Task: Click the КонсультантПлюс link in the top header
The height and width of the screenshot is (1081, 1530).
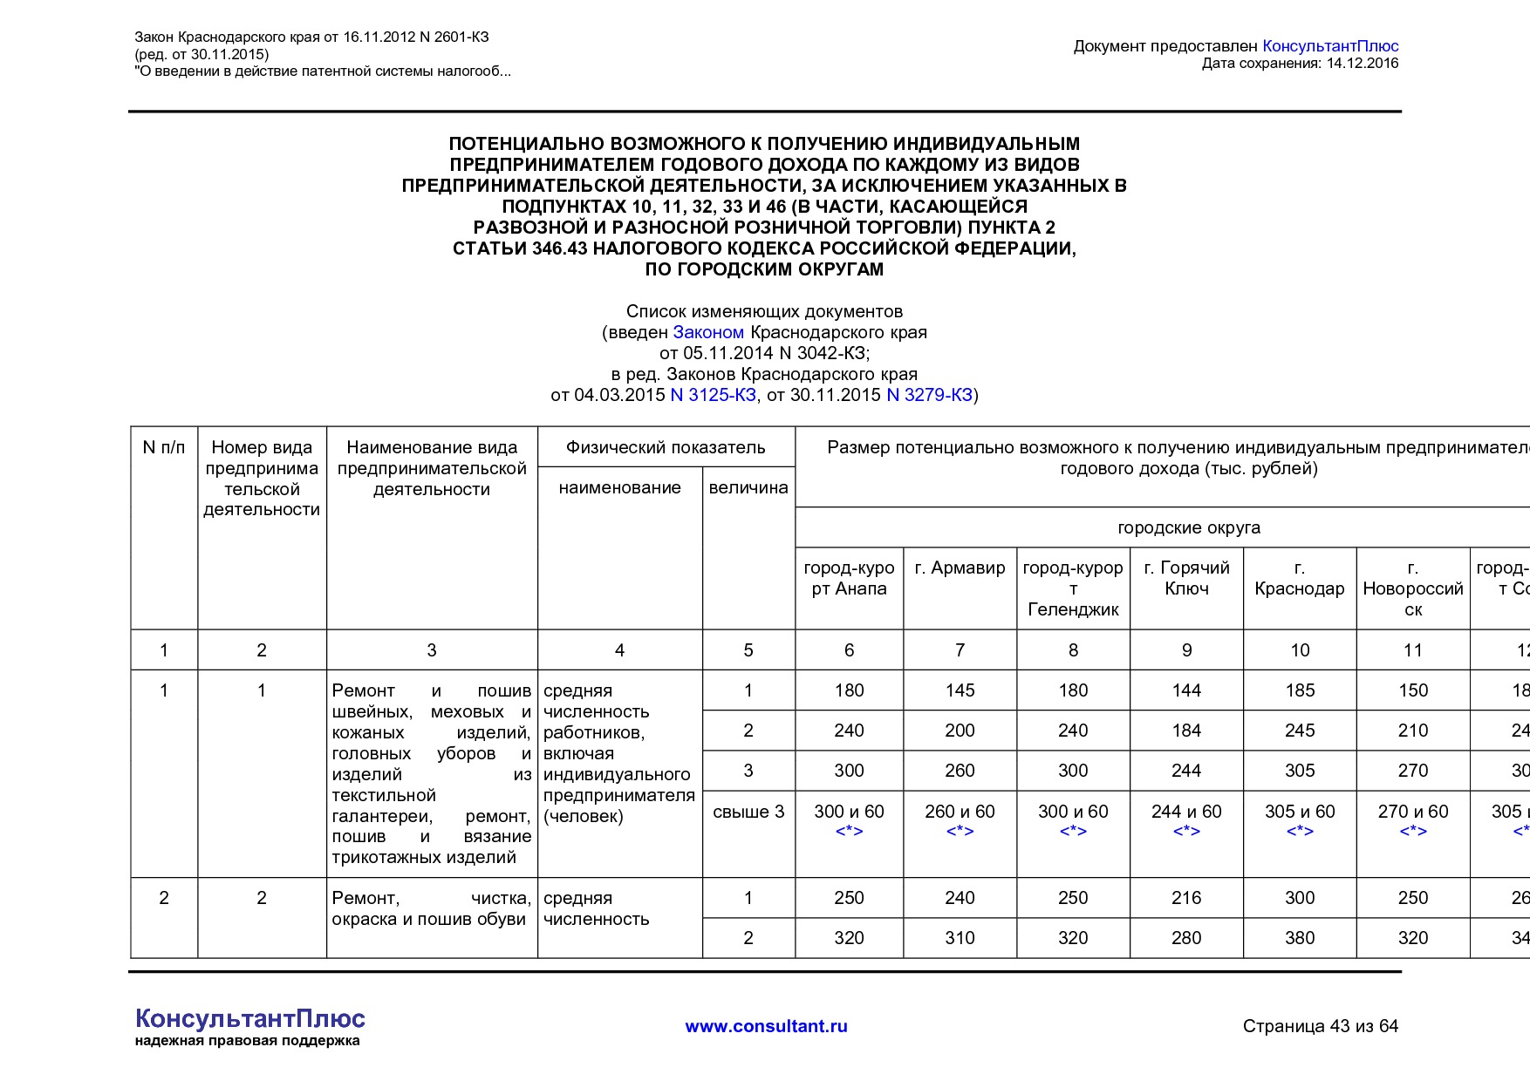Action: point(1330,46)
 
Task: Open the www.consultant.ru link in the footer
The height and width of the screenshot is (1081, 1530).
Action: point(766,1026)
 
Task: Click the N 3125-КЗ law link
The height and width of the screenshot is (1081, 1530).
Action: point(713,395)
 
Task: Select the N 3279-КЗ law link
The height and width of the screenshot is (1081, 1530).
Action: point(929,395)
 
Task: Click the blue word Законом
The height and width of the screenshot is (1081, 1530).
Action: point(708,332)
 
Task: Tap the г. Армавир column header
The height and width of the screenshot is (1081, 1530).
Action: point(960,568)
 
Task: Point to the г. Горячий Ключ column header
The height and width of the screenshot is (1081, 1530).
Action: point(1186,578)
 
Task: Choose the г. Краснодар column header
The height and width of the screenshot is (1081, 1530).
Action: point(1300,578)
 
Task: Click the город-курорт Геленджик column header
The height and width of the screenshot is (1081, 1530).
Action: point(1073,588)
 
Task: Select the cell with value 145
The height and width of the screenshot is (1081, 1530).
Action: point(960,690)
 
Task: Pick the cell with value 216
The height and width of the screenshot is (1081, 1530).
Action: point(1186,898)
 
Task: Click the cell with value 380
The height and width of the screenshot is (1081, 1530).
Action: point(1300,938)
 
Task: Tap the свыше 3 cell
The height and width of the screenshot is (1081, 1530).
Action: point(748,812)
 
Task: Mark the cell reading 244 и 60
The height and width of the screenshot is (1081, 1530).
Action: point(1186,812)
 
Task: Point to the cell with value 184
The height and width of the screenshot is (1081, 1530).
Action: point(1186,731)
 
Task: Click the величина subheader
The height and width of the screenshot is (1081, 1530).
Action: point(748,487)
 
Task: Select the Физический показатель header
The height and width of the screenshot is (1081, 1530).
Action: point(666,447)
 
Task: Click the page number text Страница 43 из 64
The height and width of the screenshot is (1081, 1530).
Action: point(1320,1026)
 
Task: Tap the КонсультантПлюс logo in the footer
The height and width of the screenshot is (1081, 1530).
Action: point(249,1020)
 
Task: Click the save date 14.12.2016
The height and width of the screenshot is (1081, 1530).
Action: point(1362,64)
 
